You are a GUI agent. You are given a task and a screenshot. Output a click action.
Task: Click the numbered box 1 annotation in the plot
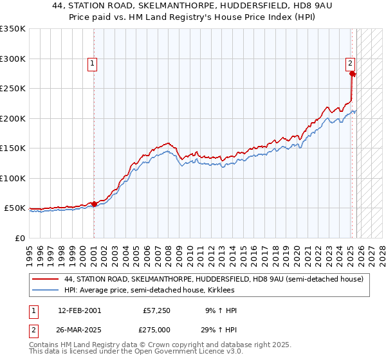coord(93,63)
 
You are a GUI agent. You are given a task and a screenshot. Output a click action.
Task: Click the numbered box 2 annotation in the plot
coord(350,63)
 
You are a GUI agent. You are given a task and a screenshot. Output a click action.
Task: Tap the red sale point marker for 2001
coord(94,204)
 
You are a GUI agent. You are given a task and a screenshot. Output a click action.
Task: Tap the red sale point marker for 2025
coord(352,74)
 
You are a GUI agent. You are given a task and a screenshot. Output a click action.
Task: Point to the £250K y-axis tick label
coord(13,88)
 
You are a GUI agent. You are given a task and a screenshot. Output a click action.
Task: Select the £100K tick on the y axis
coord(13,178)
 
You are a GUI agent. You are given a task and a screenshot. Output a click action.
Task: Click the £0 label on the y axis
coord(19,238)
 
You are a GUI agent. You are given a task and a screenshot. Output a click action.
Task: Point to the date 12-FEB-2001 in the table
coord(79,310)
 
